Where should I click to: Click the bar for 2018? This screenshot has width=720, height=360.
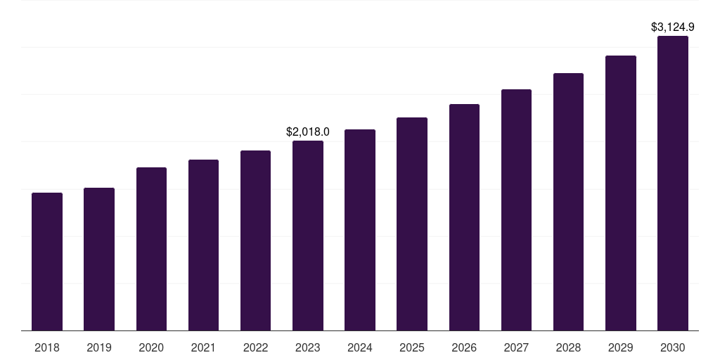(47, 262)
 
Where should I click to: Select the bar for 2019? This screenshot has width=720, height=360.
(99, 259)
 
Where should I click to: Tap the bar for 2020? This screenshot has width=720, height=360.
(151, 249)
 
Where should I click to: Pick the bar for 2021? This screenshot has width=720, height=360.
(203, 245)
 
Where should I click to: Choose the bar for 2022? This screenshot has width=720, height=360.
(255, 240)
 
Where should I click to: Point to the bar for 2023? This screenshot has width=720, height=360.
(308, 236)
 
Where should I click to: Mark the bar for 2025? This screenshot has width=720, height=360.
(412, 224)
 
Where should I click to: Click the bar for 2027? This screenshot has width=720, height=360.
(516, 210)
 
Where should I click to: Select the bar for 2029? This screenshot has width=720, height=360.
(621, 193)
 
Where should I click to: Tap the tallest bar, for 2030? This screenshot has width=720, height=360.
(673, 183)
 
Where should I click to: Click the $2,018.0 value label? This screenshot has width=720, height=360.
(308, 131)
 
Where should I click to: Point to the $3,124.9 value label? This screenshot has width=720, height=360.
(673, 27)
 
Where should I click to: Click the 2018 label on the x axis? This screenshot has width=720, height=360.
(47, 347)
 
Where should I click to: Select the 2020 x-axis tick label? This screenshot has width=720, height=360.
(151, 347)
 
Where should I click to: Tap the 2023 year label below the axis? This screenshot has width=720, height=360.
(308, 347)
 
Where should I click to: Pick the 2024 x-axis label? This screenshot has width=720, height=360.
(360, 347)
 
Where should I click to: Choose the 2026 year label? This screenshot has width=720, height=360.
(464, 347)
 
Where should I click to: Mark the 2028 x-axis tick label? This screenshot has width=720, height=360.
(568, 347)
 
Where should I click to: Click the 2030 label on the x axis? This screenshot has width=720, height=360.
(673, 347)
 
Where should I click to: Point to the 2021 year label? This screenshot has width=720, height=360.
(203, 347)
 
